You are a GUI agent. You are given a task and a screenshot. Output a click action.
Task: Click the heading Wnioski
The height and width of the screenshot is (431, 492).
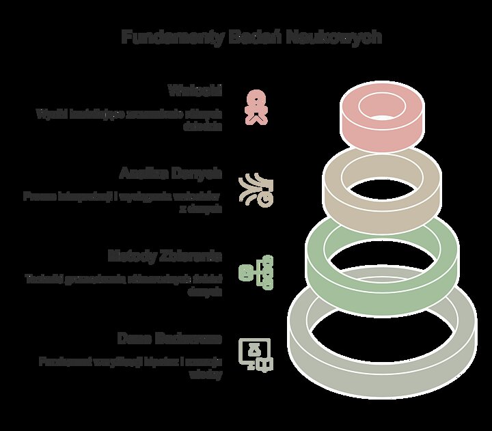tap(195, 90)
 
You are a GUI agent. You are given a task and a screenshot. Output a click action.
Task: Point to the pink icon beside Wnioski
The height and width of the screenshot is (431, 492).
tap(256, 108)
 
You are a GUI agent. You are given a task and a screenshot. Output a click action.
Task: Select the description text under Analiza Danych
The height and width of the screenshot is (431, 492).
tap(123, 203)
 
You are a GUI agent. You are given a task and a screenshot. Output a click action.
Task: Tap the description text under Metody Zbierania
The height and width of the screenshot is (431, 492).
tap(124, 285)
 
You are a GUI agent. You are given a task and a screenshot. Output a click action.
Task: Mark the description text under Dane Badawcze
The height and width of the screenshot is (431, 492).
tap(130, 367)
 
